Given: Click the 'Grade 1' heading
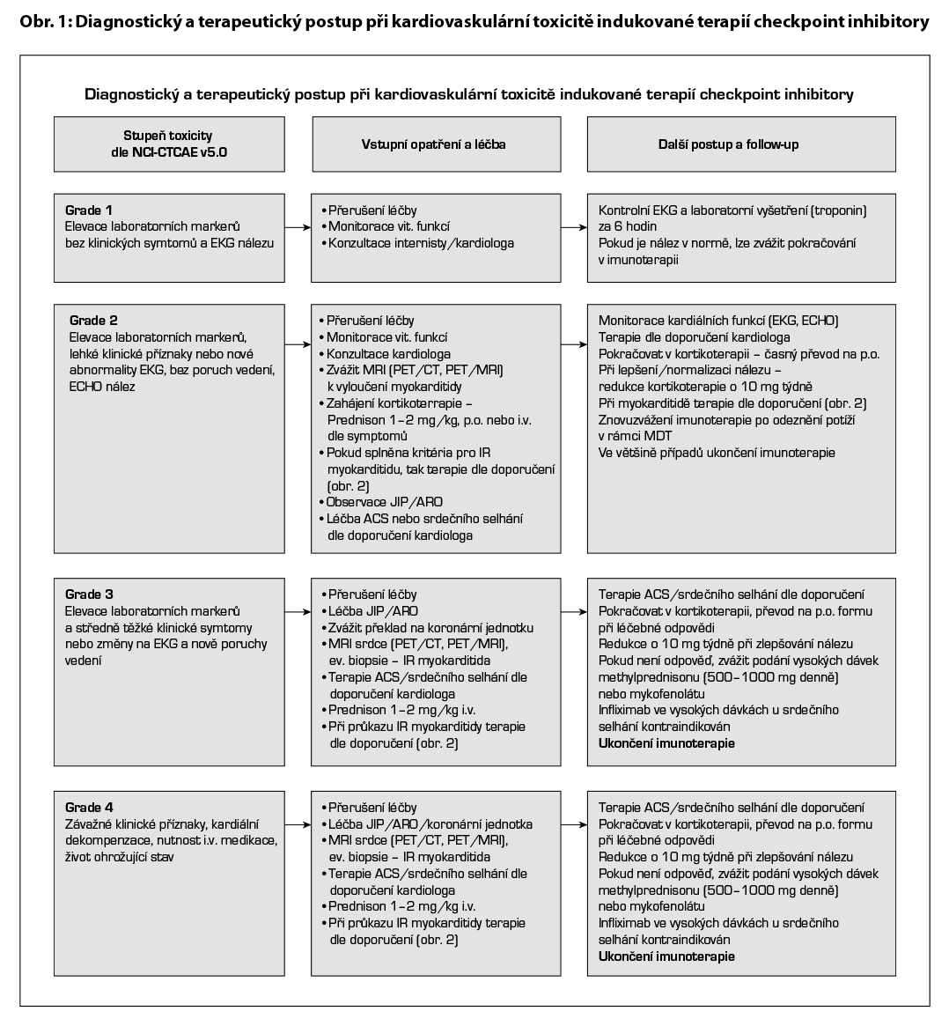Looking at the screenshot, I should (x=89, y=210).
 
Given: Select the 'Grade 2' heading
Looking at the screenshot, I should (x=92, y=321).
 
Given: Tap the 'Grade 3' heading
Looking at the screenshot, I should (x=89, y=594).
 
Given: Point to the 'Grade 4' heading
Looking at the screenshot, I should (x=89, y=808).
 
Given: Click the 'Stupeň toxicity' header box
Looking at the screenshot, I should (x=168, y=144).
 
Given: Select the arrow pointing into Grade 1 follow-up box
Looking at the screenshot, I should (x=574, y=227).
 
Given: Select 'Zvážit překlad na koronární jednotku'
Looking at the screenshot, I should (x=430, y=628).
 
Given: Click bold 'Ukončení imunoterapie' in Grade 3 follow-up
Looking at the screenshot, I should (x=666, y=743).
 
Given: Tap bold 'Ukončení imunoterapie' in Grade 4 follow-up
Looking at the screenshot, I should (x=666, y=956).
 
